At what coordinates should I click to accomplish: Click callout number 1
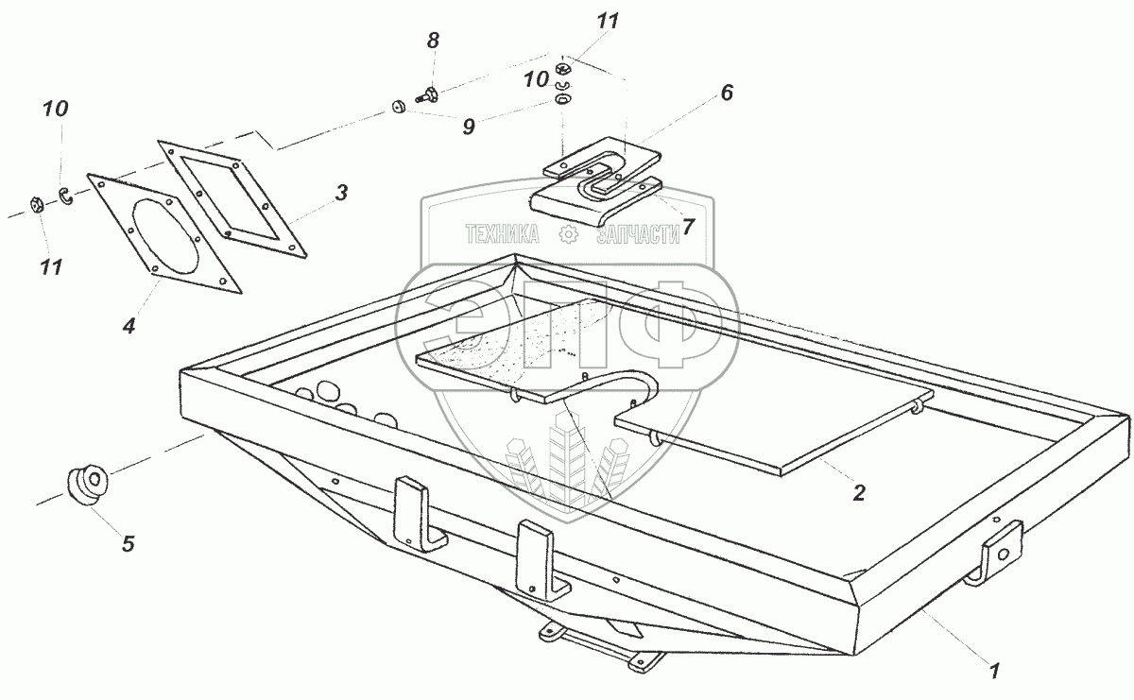993,671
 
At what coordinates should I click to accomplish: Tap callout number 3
341,194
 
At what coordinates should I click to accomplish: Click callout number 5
128,543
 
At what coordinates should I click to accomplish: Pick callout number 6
726,93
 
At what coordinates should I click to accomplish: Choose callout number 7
688,226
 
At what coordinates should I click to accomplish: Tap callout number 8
433,41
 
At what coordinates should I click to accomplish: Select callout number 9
469,128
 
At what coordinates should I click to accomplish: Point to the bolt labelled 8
431,94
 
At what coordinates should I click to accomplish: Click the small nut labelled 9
398,107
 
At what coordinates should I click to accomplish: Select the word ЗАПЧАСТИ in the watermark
638,235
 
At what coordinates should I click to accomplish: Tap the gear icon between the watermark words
567,235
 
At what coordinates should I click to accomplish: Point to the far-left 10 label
56,109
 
